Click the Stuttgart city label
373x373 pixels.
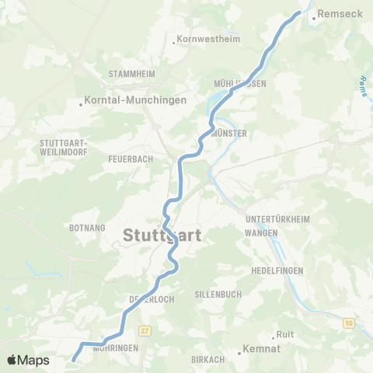tap(162, 235)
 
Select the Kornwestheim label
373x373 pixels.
tap(208, 39)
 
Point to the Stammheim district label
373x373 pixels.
tap(132, 74)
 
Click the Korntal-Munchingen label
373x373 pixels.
tap(135, 101)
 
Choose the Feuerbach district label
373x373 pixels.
tap(131, 158)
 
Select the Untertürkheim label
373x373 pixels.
tap(277, 220)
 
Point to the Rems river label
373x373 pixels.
tap(364, 85)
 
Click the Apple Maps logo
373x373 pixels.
tap(28, 361)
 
